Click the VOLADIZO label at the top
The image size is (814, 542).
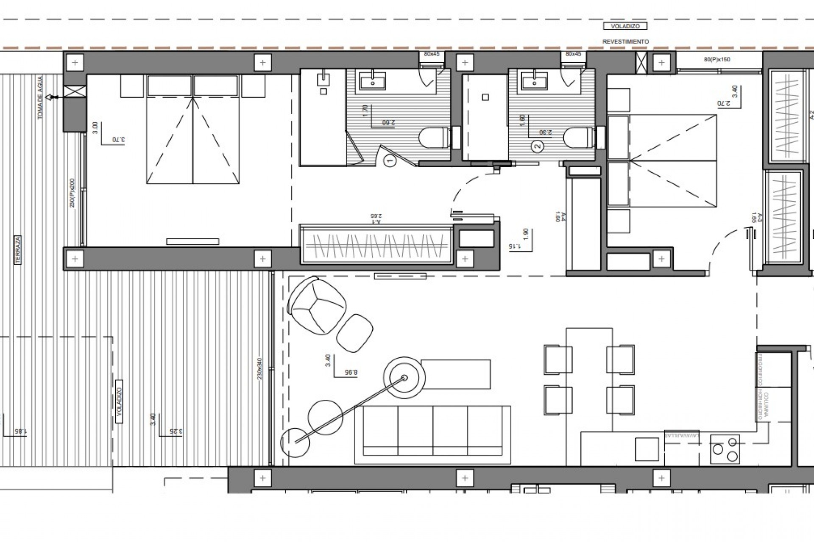[625, 26]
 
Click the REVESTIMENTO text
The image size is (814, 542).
[626, 42]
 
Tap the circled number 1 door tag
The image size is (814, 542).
[390, 161]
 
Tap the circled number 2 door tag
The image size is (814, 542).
[537, 147]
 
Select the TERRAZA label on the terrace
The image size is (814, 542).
[18, 250]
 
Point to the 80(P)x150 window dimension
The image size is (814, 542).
[717, 60]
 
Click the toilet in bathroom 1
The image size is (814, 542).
[433, 138]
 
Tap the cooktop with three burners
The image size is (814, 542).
[725, 449]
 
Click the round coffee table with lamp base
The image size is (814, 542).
[404, 378]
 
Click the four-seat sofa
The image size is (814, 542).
[432, 434]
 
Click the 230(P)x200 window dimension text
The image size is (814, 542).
[72, 193]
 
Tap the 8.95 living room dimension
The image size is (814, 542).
[351, 373]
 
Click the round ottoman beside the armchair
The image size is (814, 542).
[355, 333]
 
